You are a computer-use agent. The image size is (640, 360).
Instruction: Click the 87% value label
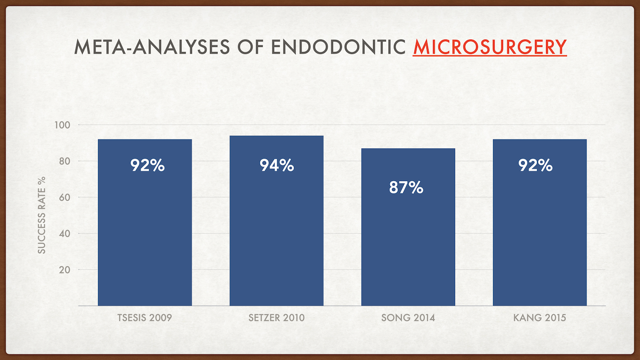click(406, 188)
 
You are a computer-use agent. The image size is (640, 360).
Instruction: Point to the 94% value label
click(276, 165)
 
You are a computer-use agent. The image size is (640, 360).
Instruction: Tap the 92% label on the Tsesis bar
click(147, 165)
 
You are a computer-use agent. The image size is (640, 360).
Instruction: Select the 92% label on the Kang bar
click(535, 165)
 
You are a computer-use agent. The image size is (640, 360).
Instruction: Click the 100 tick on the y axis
click(62, 125)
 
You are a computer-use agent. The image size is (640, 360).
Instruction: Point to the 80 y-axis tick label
click(65, 161)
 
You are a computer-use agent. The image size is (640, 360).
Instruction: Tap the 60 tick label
click(65, 197)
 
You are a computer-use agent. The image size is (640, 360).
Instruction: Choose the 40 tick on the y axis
click(65, 233)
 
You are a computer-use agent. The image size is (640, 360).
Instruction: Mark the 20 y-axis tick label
click(65, 270)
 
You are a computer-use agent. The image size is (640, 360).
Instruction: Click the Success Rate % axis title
click(42, 214)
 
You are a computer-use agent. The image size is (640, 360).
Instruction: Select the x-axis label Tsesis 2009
click(145, 318)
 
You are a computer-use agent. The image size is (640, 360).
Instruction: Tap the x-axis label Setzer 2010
click(276, 318)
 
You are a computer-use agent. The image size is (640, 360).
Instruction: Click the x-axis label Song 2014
click(408, 318)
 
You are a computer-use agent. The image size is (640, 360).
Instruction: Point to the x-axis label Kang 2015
click(539, 318)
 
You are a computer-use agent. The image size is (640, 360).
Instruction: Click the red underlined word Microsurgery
click(489, 47)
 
